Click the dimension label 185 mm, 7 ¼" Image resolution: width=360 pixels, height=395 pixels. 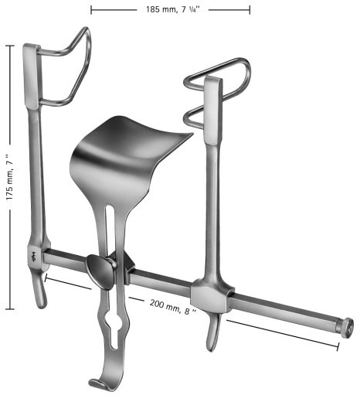pos(170,9)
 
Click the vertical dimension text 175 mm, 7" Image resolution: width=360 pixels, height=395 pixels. pos(9,177)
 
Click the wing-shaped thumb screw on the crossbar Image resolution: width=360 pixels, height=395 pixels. pos(101,271)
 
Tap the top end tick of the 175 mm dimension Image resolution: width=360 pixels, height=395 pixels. pos(9,46)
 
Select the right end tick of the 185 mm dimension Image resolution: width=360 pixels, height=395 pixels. pos(250,9)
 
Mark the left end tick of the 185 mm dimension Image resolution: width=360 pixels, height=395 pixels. pos(91,9)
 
